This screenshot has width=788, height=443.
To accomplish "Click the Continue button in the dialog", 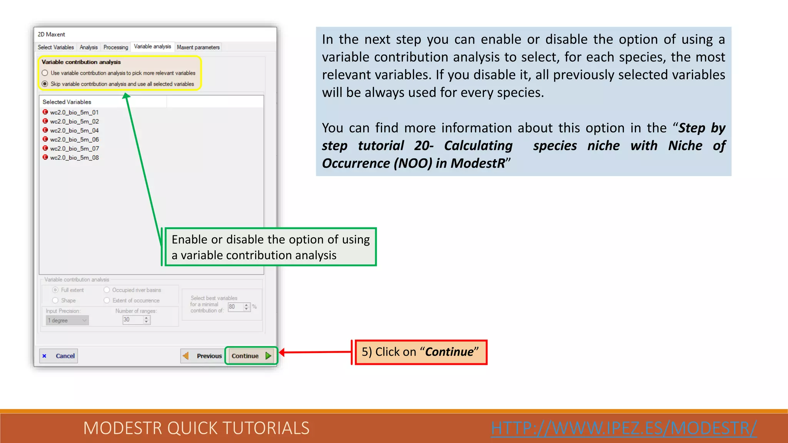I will pos(250,356).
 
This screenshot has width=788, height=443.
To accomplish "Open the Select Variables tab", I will pos(56,47).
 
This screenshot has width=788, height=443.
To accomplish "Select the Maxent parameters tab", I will pos(198,47).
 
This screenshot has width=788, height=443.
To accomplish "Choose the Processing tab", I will pos(115,47).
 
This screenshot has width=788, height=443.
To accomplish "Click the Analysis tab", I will pos(88,47).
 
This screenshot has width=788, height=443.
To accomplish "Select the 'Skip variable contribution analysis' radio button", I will pos(45,84).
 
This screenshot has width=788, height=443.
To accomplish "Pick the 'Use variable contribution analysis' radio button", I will pos(45,73).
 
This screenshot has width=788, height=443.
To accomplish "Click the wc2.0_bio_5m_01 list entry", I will pos(74,112).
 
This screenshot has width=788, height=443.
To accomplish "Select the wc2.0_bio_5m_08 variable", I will pos(74,158).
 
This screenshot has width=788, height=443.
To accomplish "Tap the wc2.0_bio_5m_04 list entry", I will pos(74,130).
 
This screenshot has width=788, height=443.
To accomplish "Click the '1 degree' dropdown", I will pos(67,320).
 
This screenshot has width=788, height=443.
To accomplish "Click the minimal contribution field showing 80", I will pos(235,307).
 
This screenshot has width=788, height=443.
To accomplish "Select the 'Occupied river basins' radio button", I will pos(107,290).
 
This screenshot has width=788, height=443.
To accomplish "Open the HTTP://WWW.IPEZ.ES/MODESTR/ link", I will pos(624,428).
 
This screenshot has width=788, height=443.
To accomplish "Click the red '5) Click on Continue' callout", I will pos(421,352).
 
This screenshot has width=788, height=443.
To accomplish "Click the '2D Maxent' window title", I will pos(52,34).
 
